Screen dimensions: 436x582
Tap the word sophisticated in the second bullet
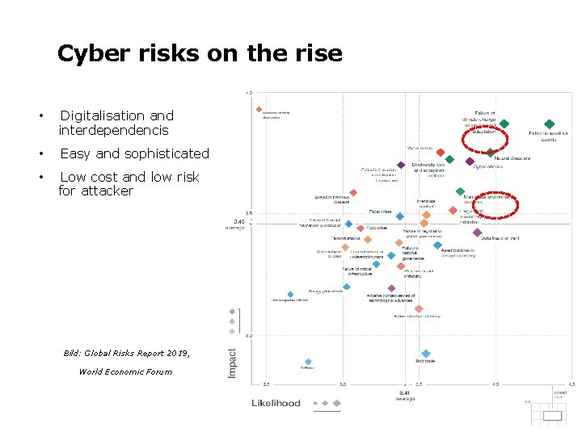tap(166, 153)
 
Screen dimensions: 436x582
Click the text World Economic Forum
tap(125, 371)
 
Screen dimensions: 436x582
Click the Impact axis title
tap(233, 362)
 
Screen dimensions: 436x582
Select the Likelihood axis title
tap(276, 402)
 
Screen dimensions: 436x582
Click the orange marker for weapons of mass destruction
tap(259, 109)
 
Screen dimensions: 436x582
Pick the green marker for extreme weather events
tap(549, 124)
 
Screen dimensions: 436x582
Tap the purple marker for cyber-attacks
tap(470, 161)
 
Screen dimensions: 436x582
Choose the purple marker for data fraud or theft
tap(477, 233)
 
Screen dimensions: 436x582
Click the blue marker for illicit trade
tap(425, 354)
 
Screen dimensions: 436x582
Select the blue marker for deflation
tap(307, 362)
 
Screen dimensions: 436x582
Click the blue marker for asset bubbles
tap(437, 245)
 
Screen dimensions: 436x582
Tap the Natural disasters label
tap(512, 158)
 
